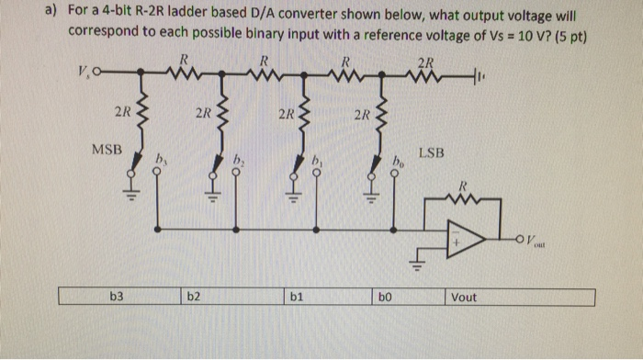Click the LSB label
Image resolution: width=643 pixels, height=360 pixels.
click(431, 155)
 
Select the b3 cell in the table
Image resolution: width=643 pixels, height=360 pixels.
click(117, 297)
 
